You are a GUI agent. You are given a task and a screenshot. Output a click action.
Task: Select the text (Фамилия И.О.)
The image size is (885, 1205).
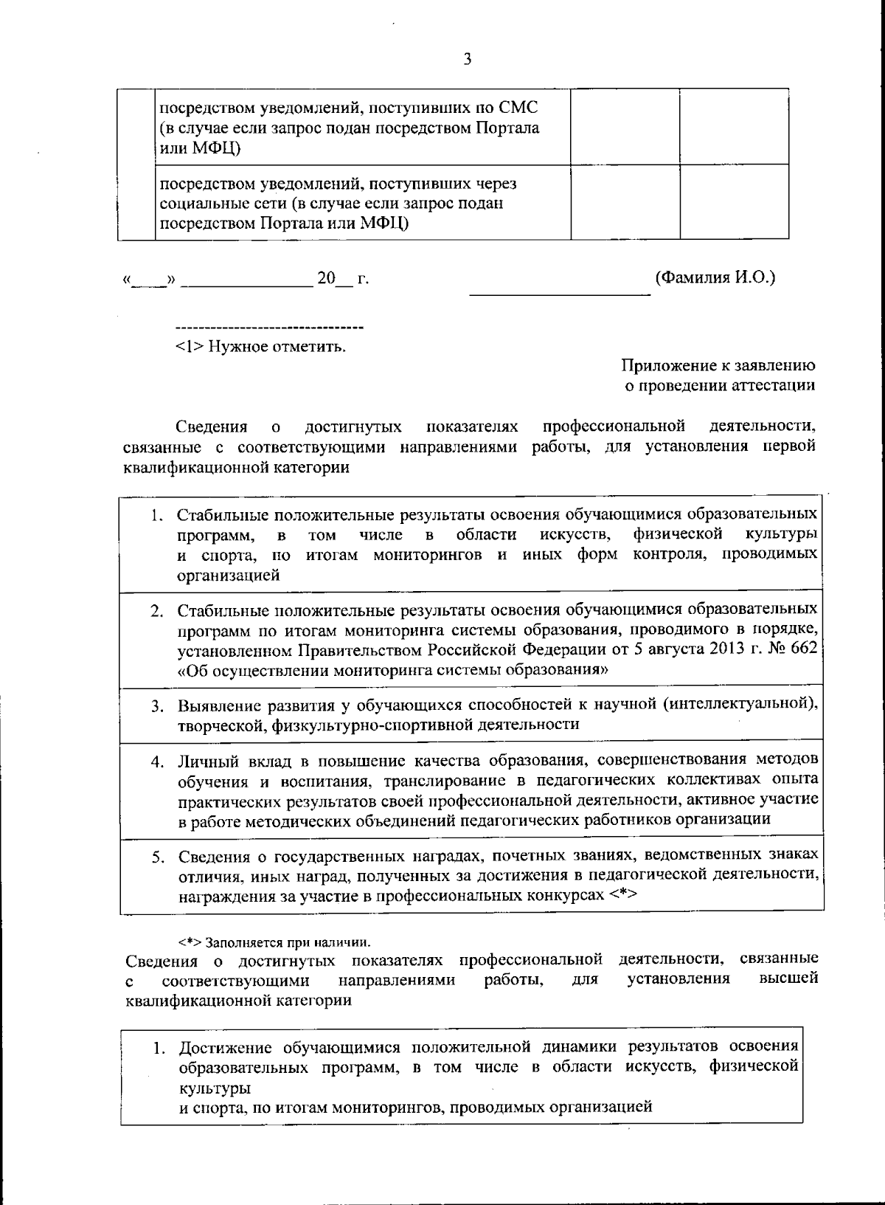(x=715, y=277)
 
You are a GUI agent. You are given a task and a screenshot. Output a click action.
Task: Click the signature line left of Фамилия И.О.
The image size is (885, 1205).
(x=560, y=292)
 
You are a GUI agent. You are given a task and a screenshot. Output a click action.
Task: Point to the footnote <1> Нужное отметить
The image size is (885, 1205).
(x=260, y=346)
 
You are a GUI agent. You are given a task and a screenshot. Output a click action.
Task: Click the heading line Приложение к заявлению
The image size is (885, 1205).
(x=718, y=365)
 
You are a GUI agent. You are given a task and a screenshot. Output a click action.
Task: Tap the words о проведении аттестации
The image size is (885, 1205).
(x=720, y=385)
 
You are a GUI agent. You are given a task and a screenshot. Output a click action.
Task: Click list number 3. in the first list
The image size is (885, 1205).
(x=158, y=706)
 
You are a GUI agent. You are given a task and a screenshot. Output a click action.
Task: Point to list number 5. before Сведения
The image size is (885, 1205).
(x=158, y=857)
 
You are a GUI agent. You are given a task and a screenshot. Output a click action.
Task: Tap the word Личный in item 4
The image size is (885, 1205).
(x=202, y=761)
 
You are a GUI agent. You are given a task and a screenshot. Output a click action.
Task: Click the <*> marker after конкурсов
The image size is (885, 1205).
(x=623, y=895)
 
